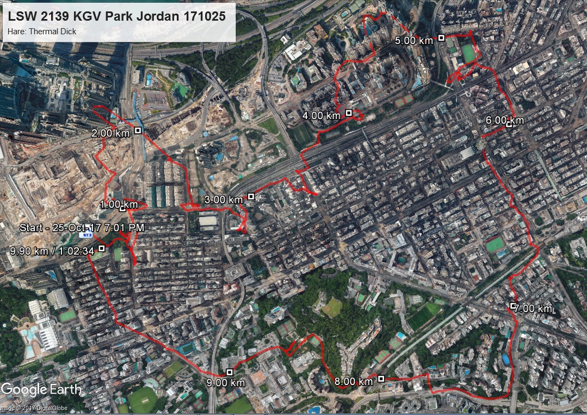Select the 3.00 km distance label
click(x=223, y=200)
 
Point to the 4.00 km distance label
click(x=321, y=115)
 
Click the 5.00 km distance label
click(x=413, y=40)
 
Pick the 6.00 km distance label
click(x=505, y=120)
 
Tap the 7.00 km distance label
click(x=533, y=309)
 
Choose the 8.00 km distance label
click(x=354, y=382)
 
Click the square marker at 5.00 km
click(x=442, y=38)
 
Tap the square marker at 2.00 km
click(x=138, y=130)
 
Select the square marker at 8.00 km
click(x=381, y=379)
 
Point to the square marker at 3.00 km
click(x=251, y=196)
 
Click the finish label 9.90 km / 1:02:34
click(x=52, y=250)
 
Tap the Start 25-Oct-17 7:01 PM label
click(x=82, y=227)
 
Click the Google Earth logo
click(x=41, y=389)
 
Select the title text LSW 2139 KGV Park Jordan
click(x=117, y=16)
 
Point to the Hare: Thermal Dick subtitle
click(x=42, y=32)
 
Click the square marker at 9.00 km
click(x=230, y=372)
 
